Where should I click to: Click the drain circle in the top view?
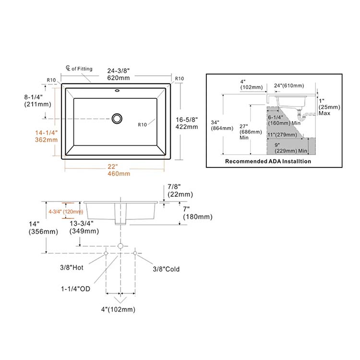coord(117,118)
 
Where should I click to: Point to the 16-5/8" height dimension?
coord(187,122)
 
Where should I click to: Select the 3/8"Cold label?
coord(166,269)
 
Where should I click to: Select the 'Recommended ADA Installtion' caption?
coord(268,161)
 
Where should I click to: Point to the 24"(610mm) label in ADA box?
coord(289,86)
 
